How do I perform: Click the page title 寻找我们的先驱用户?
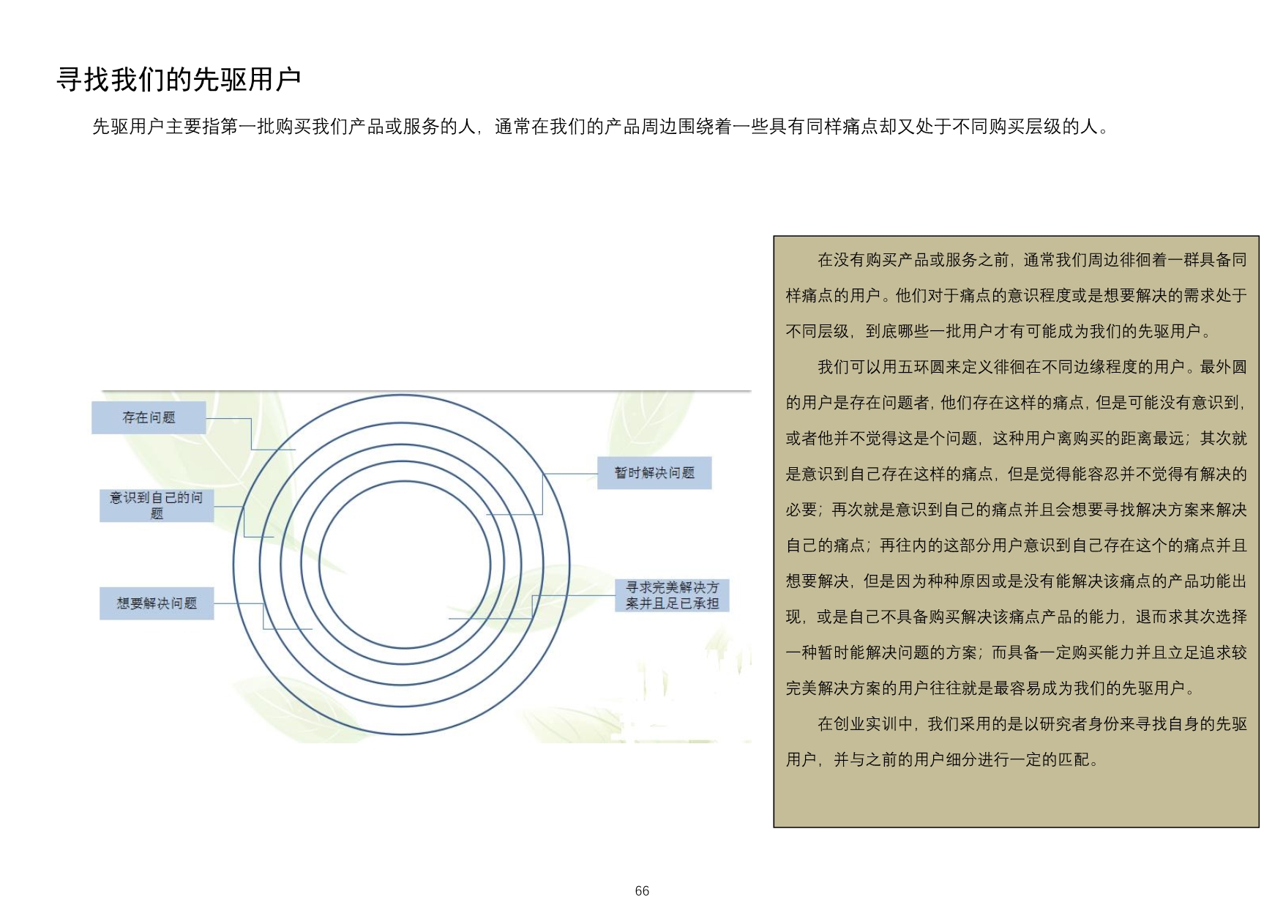tap(179, 79)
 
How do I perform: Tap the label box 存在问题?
tap(149, 417)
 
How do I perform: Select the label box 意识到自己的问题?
tap(157, 505)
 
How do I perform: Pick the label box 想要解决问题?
tap(157, 603)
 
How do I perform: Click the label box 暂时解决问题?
tap(654, 473)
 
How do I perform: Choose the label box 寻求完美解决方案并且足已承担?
tap(672, 595)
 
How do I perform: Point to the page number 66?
tap(642, 890)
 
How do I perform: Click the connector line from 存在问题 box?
tap(251, 433)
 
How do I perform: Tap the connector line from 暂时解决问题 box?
tap(542, 494)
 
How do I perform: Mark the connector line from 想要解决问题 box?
tap(263, 616)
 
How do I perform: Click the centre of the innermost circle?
tap(405, 565)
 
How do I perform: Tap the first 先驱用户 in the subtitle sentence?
tap(128, 127)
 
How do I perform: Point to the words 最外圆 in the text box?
tap(1223, 367)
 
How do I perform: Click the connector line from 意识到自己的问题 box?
tap(244, 521)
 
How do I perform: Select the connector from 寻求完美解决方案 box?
tap(532, 607)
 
